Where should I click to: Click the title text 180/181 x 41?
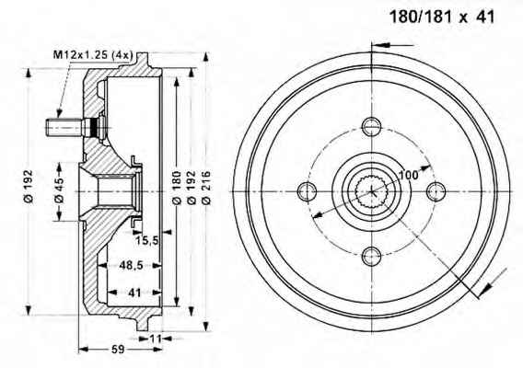click(x=442, y=17)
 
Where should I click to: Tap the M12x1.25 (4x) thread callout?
click(x=93, y=54)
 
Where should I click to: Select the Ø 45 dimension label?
click(x=59, y=190)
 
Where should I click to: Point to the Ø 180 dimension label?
click(x=177, y=188)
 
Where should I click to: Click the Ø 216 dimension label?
click(x=206, y=188)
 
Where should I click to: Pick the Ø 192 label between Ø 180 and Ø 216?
click(x=192, y=188)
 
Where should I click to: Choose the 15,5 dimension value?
click(x=146, y=240)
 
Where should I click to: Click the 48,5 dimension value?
click(x=131, y=265)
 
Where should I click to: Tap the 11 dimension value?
click(x=156, y=339)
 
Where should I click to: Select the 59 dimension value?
click(x=118, y=349)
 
